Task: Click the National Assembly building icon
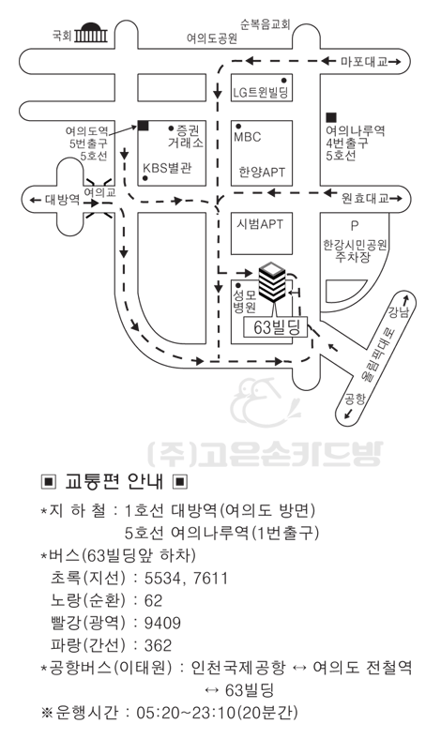91,33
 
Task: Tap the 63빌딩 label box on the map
275,327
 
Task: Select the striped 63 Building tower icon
272,282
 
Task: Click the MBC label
247,137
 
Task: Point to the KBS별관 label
167,168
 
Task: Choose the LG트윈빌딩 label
260,92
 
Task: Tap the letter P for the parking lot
355,226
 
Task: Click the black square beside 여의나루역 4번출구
331,117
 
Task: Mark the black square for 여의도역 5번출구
144,126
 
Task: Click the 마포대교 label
364,61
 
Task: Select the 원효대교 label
365,198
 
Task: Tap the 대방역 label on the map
62,200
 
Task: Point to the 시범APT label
260,224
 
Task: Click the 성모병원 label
244,302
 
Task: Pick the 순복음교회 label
266,24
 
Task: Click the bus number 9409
162,623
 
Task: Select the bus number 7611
210,578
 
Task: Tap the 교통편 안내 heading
114,482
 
